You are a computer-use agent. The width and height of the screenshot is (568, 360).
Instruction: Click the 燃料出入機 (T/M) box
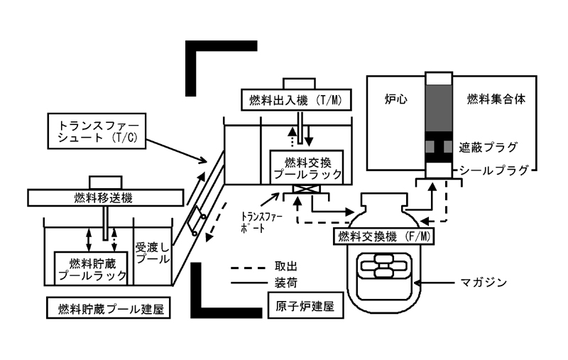point(296,100)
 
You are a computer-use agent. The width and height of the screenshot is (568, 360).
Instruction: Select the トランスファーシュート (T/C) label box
point(97,131)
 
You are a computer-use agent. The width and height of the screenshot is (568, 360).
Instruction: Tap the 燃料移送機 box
point(105,197)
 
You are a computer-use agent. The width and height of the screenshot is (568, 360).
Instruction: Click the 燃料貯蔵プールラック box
point(91,268)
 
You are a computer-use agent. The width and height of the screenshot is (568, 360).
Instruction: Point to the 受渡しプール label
point(153,253)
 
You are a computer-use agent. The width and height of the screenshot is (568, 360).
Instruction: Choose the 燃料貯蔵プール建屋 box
point(109,308)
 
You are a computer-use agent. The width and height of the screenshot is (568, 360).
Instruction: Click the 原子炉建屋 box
point(306,305)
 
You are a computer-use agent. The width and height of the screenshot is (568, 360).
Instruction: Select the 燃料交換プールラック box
point(307,168)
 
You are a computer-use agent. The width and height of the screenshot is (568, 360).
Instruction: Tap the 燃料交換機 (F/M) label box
point(384,236)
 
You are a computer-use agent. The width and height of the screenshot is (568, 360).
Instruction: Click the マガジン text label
point(484,282)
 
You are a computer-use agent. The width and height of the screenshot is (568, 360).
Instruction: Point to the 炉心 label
point(395,99)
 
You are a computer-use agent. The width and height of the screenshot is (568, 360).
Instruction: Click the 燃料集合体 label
point(496,99)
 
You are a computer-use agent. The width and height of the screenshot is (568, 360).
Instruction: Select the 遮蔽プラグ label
point(488,148)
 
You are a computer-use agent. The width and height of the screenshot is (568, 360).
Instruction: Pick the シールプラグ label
point(494,170)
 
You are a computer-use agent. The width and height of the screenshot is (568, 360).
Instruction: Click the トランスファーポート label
point(261,222)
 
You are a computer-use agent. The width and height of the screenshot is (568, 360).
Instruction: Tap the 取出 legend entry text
point(286,266)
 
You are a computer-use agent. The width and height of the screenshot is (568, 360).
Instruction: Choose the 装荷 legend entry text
point(286,283)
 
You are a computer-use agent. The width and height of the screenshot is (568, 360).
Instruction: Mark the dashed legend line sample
point(248,268)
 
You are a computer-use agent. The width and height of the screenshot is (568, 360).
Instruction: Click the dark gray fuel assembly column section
point(439,108)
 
